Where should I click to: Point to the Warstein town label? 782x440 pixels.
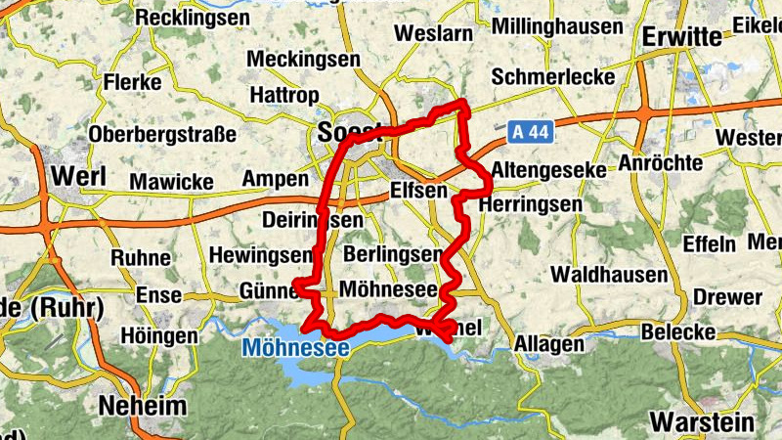(x=703, y=422)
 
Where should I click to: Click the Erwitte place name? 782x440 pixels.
(x=683, y=36)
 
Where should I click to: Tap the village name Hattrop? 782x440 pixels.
(x=285, y=96)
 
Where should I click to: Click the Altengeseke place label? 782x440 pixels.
(x=548, y=170)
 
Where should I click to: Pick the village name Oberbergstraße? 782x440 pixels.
(x=162, y=134)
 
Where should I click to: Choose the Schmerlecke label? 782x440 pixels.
(x=553, y=76)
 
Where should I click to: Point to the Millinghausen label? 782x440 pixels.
(x=559, y=25)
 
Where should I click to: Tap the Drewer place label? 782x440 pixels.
(x=727, y=296)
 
